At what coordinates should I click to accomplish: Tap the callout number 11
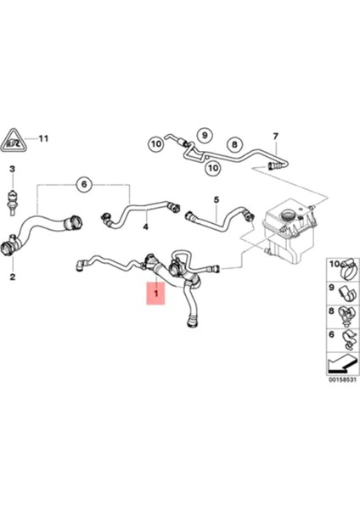[44, 138]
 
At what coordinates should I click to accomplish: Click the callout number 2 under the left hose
[12, 277]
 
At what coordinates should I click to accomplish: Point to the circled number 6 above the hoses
[83, 184]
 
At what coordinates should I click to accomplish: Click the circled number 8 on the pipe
[235, 144]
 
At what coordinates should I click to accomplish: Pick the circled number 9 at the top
[204, 135]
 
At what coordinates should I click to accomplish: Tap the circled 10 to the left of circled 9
[157, 143]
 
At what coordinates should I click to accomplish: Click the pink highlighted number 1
[155, 294]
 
